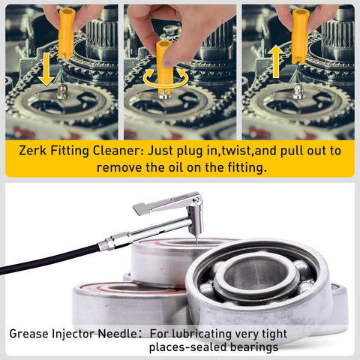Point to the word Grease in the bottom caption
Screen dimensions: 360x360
coord(32,332)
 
